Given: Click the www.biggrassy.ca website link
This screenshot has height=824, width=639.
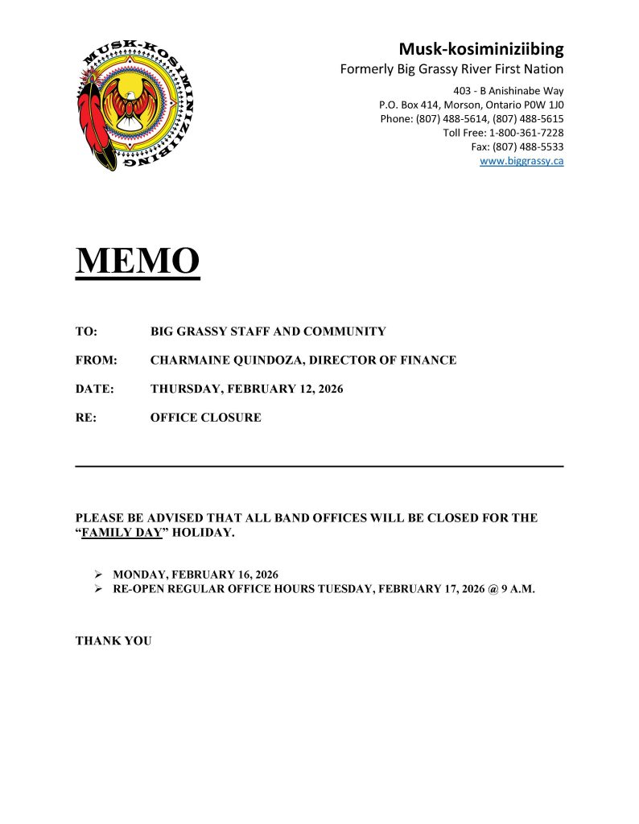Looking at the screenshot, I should tap(521, 161).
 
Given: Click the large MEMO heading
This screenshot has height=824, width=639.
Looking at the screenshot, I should tap(138, 262).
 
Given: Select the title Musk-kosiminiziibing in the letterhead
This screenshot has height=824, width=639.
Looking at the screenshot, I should tap(481, 48).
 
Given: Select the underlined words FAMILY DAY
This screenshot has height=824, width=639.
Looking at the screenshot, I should tap(122, 533).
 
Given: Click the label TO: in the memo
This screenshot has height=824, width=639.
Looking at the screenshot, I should tap(86, 332).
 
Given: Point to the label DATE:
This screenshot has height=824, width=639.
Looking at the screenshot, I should tap(95, 389).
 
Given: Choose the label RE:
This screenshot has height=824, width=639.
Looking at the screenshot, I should tap(86, 418).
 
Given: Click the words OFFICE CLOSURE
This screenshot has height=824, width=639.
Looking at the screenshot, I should tap(205, 418).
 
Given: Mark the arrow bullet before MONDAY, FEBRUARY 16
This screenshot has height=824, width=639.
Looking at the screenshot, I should tap(98, 575).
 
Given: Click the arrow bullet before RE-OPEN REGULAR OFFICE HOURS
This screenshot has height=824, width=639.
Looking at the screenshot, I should tap(98, 589).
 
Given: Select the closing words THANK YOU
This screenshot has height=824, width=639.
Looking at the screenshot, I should tap(113, 641).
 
